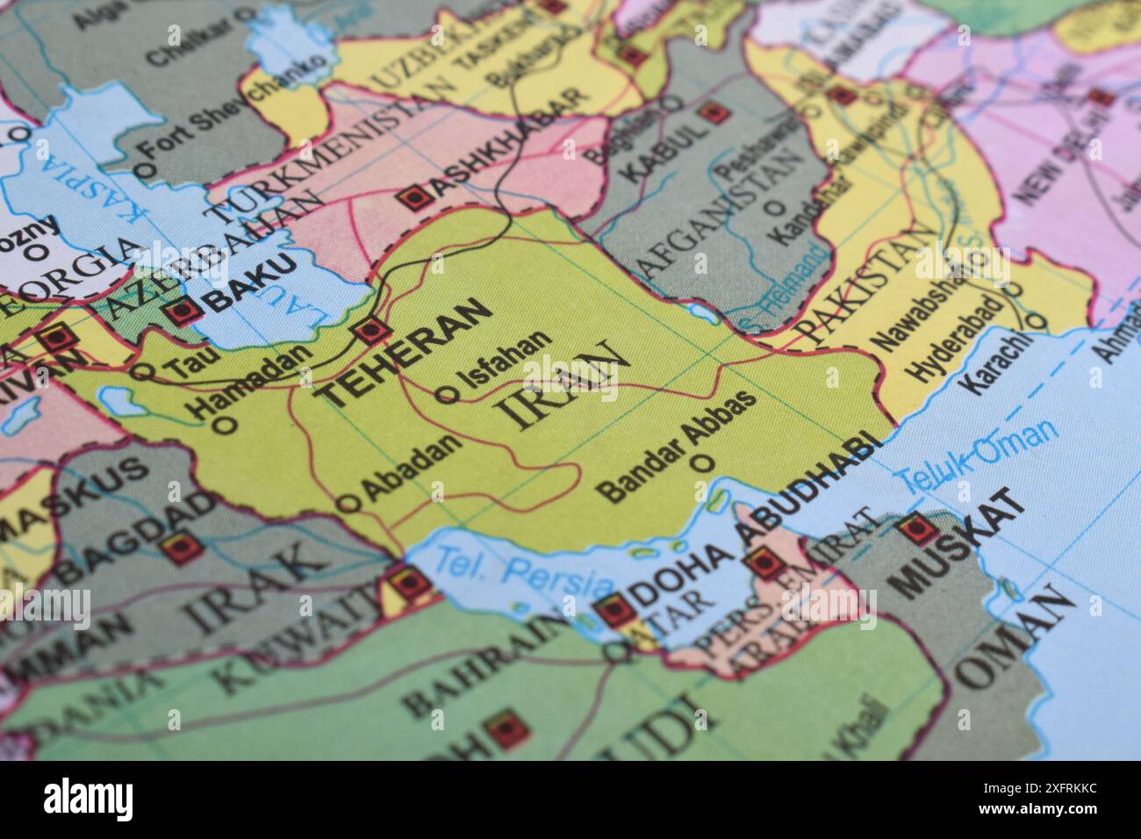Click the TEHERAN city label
coord(403,352)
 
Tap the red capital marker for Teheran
coord(370,331)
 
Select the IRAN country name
coord(563,385)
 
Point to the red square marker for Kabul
coord(714,112)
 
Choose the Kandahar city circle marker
coord(775,209)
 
